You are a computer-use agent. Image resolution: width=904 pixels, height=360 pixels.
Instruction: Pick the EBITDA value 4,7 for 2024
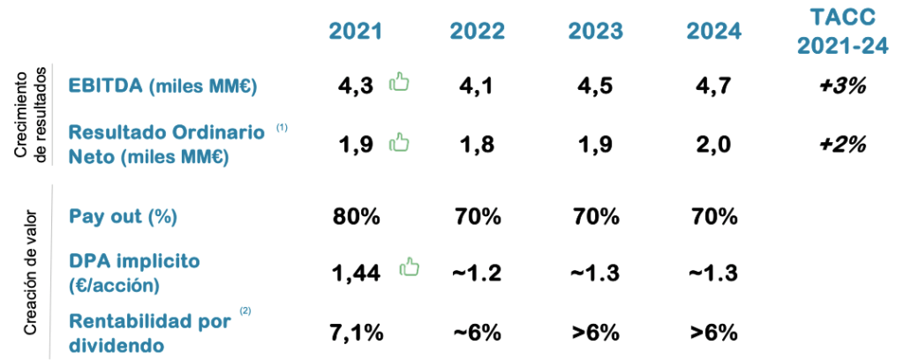click(714, 86)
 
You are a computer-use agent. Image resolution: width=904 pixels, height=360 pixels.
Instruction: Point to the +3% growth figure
click(841, 86)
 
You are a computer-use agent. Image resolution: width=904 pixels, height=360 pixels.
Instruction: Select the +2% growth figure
click(841, 144)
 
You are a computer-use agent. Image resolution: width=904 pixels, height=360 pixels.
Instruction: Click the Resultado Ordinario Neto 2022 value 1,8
click(477, 144)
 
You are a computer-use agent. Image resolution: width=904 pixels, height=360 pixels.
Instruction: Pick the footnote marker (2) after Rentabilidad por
click(245, 310)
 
